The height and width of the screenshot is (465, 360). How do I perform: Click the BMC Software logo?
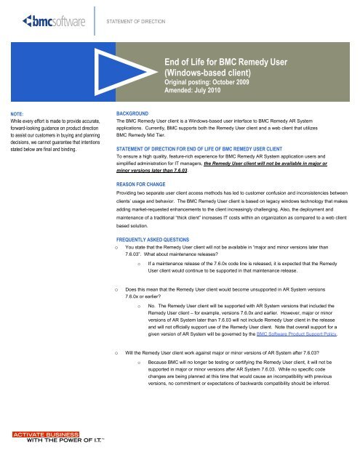[x=52, y=20]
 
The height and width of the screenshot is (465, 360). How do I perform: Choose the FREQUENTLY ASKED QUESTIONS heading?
[x=160, y=238]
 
